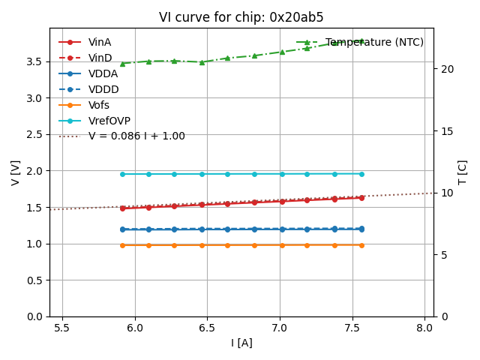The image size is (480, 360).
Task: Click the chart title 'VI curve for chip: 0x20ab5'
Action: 241,17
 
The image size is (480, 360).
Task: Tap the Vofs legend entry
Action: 99,105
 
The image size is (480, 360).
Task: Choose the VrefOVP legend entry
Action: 109,121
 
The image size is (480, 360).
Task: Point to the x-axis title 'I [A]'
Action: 241,343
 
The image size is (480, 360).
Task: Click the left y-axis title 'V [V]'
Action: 16,172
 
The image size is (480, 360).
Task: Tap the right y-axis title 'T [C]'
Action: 462,172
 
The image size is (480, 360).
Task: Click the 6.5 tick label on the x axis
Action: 207,328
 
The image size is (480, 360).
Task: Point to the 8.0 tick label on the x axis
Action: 424,328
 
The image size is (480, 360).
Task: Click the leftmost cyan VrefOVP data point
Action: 122,174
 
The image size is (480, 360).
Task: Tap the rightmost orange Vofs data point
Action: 361,244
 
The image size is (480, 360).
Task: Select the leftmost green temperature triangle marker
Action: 122,64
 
